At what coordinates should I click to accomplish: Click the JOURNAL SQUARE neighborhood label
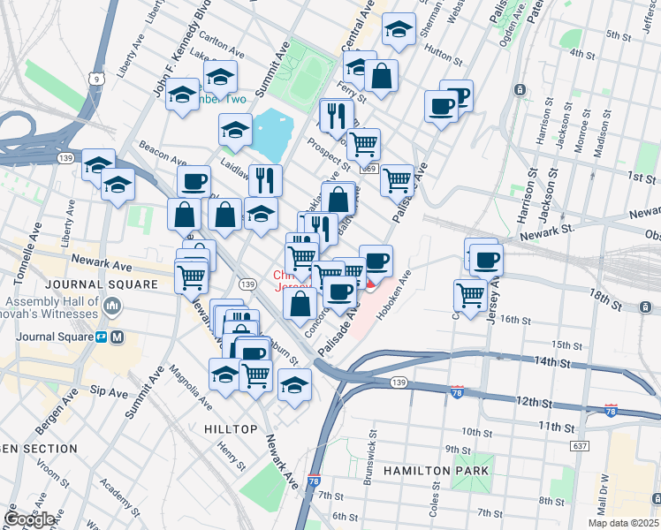[100, 284]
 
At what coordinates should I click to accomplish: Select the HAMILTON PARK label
[436, 471]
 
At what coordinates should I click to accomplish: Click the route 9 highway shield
[103, 79]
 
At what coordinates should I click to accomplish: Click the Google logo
[29, 519]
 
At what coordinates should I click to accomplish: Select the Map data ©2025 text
[622, 523]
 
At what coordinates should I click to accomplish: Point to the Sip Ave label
[110, 390]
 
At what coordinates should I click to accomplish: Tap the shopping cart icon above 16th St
[470, 294]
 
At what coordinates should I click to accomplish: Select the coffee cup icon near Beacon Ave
[194, 182]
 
